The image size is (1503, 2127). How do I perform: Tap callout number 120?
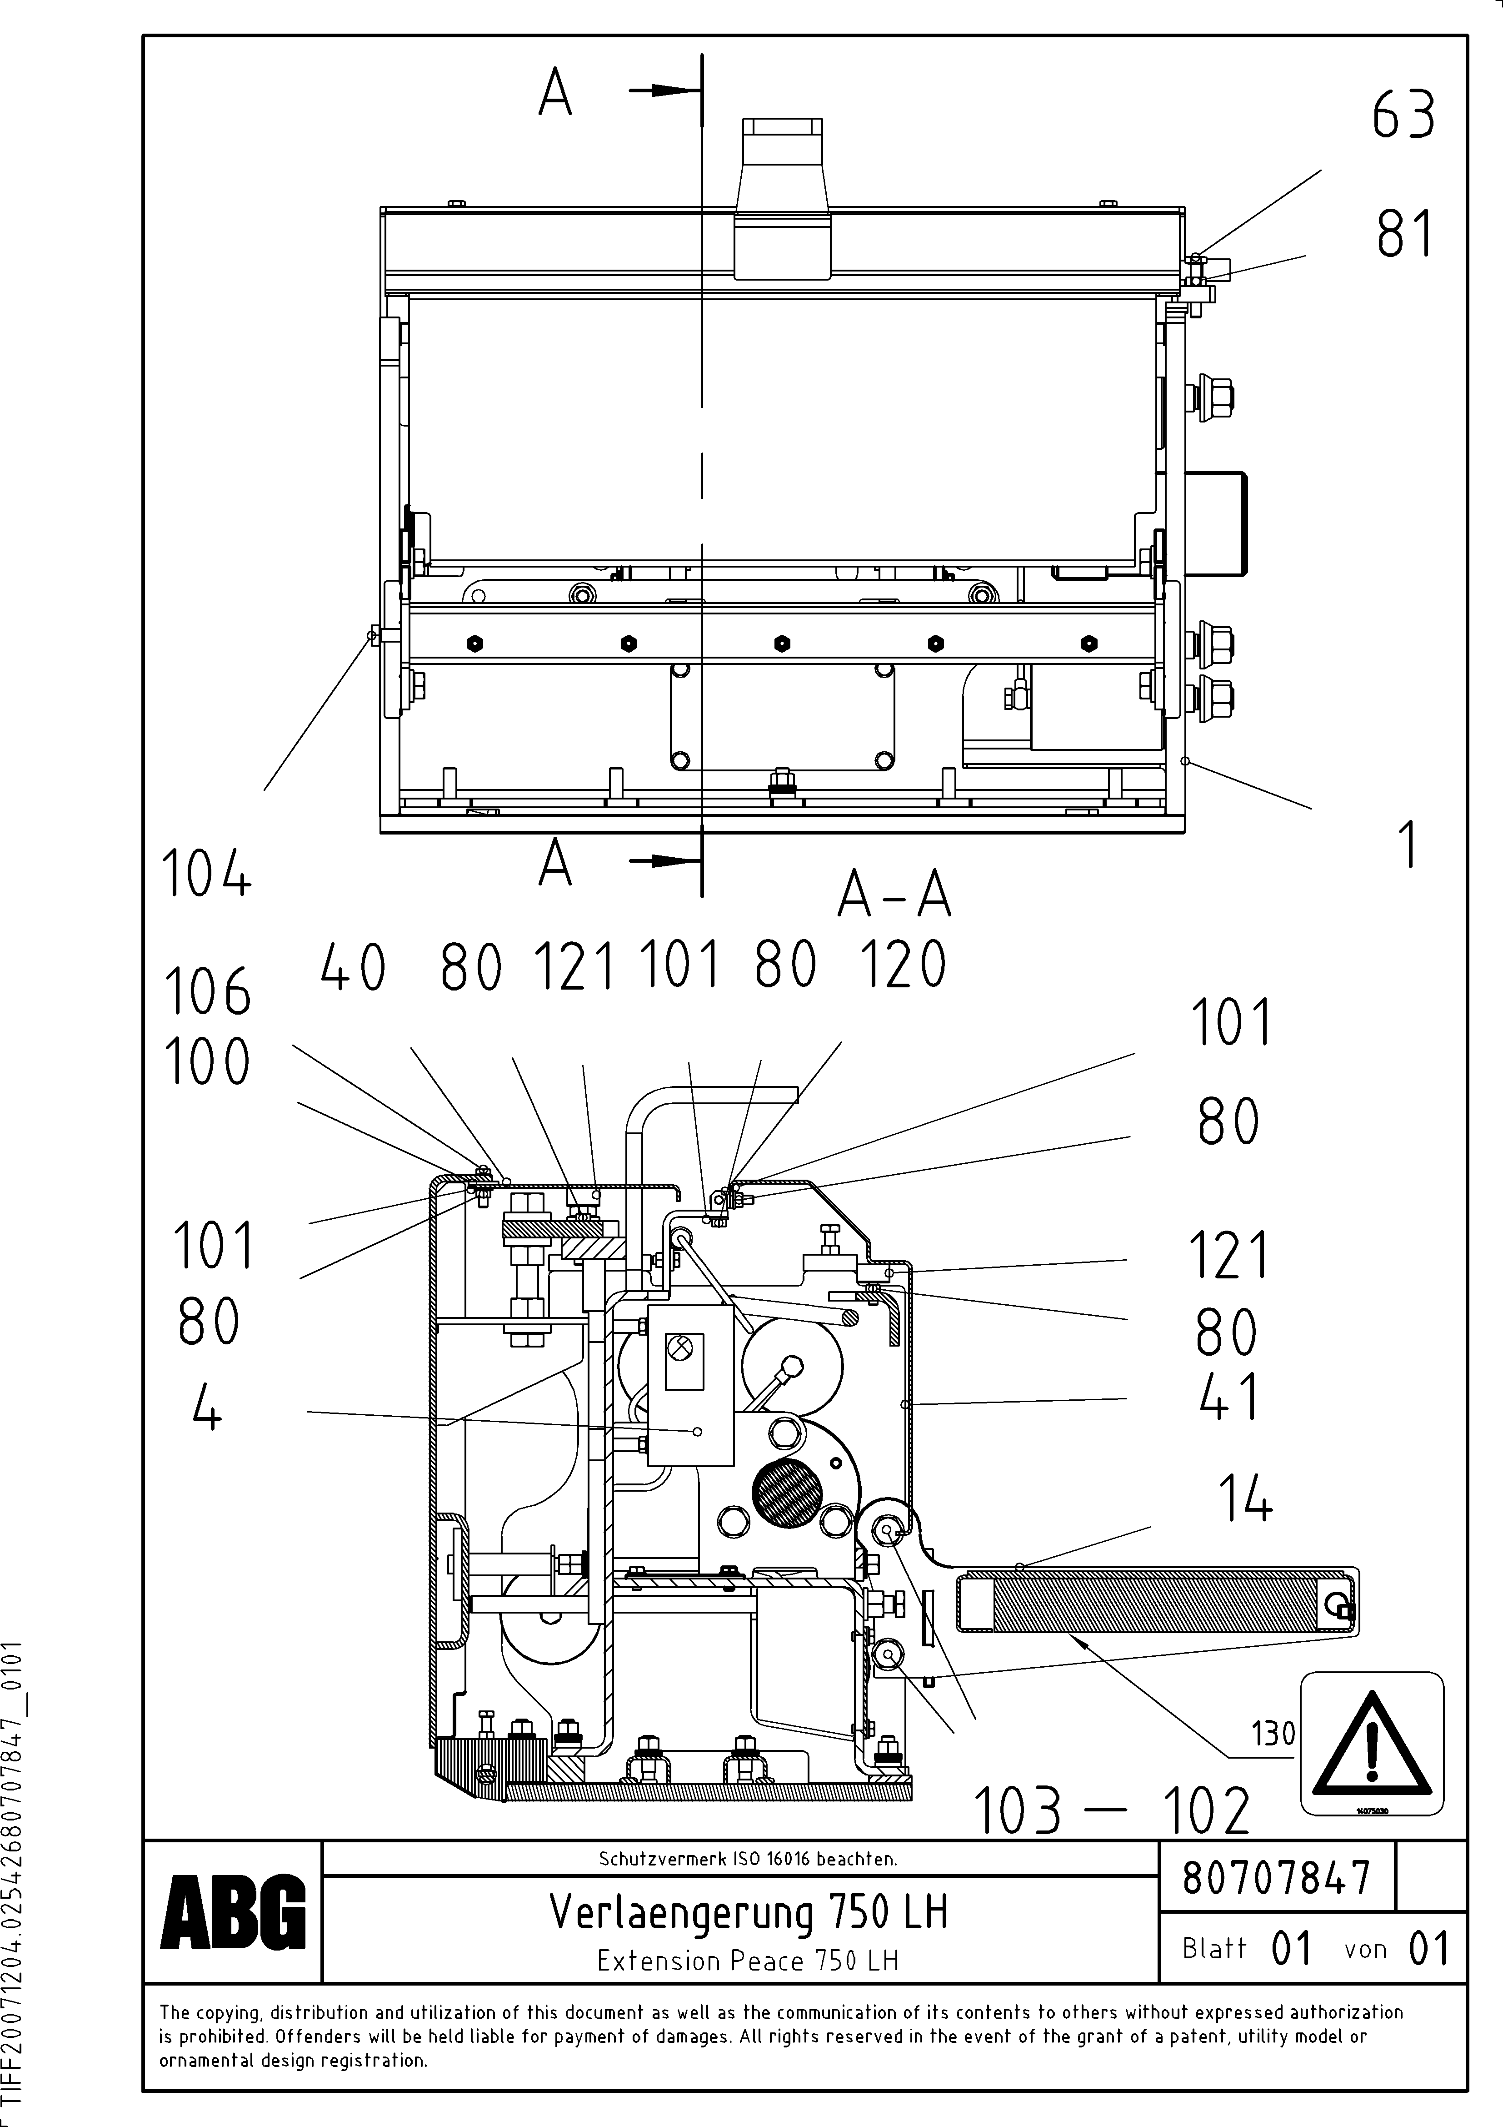click(903, 965)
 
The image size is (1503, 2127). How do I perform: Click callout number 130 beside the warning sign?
click(1273, 1733)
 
